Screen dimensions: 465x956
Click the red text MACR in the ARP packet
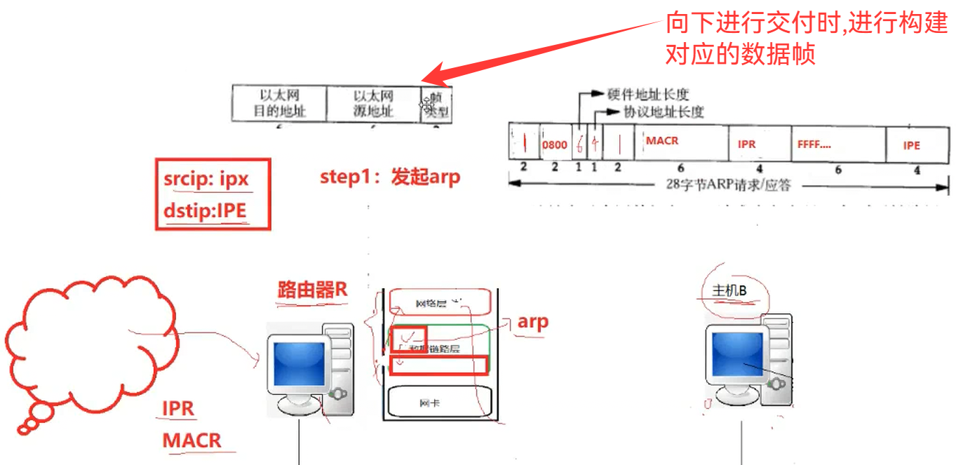(662, 141)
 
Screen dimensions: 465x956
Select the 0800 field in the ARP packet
(554, 145)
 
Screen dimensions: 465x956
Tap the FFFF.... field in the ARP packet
(814, 145)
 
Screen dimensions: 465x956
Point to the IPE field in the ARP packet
(911, 145)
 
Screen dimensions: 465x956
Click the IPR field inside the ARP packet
(746, 144)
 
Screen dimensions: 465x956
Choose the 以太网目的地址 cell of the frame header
(279, 103)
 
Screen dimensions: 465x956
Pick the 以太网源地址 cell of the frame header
(373, 103)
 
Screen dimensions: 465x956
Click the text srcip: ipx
(206, 180)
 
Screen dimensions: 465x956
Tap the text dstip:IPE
(206, 210)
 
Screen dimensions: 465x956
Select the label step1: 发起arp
(390, 177)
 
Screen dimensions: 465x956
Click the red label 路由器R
(313, 289)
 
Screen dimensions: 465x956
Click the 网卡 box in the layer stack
(429, 403)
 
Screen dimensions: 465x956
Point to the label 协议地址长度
(664, 112)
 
